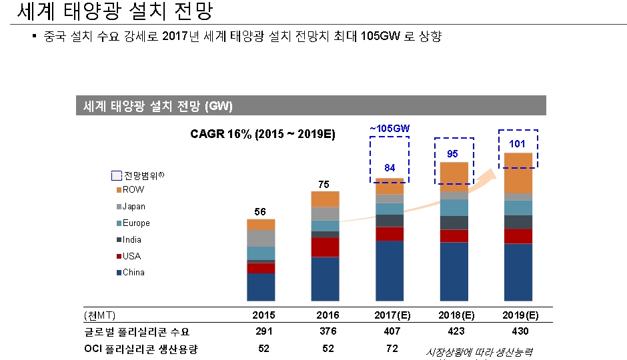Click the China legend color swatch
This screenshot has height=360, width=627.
(119, 273)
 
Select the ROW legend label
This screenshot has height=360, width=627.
(133, 190)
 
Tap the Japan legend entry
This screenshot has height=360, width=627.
(133, 207)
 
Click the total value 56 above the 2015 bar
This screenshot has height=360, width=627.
(261, 211)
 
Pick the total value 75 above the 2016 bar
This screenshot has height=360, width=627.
(325, 184)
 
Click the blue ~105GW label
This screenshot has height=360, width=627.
(390, 128)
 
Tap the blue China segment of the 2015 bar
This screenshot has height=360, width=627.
(261, 287)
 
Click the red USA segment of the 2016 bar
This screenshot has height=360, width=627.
(325, 247)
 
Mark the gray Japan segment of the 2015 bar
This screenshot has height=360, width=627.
(261, 238)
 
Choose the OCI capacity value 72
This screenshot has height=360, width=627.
(392, 348)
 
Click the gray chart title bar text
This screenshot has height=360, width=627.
(157, 106)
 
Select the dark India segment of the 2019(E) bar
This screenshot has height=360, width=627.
(518, 222)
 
